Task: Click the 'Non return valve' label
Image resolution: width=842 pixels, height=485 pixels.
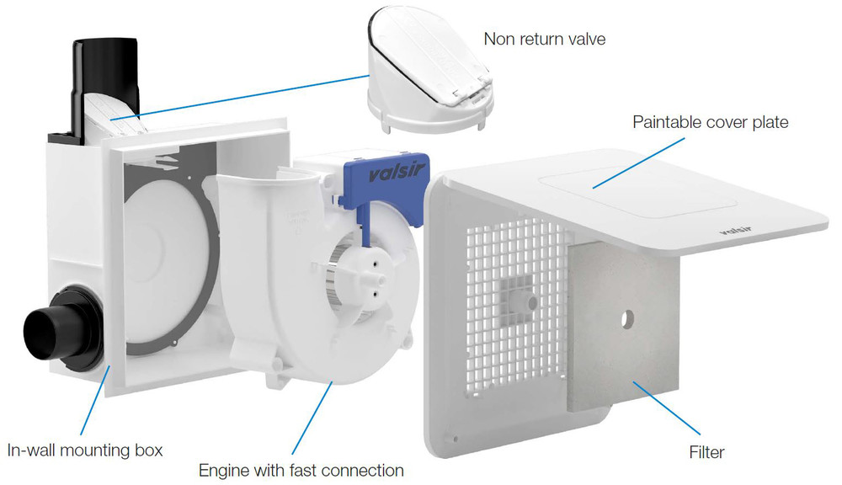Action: [x=544, y=39]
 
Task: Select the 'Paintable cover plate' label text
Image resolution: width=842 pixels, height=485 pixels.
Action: [x=711, y=122]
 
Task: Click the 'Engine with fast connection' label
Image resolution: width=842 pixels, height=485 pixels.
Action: [x=301, y=469]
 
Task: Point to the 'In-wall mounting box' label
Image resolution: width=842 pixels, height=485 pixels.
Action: [x=84, y=450]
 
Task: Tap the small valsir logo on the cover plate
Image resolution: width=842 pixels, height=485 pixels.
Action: [x=734, y=227]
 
